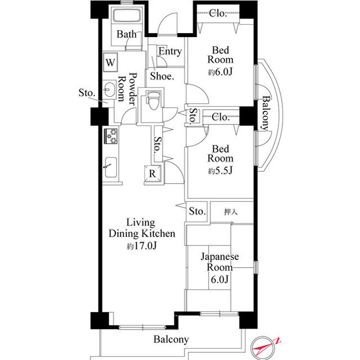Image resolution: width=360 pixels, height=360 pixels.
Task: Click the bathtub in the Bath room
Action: pos(127,15)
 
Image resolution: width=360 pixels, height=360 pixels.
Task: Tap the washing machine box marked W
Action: pos(110,62)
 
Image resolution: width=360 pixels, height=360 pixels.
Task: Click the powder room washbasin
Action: pos(109,89)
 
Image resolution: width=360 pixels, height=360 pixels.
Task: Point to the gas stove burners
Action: pos(111,136)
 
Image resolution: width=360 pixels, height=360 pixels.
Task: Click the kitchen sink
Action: pos(111,167)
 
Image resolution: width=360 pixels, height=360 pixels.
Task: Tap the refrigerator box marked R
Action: pos(152,174)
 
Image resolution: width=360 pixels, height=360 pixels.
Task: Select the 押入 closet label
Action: pos(231,211)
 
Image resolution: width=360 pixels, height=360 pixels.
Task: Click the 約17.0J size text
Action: pos(142,246)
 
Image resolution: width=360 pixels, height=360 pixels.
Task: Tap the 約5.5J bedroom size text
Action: pos(220,170)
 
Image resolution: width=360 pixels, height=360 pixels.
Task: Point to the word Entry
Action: pos(170,51)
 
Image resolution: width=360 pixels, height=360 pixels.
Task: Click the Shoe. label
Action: pos(162,76)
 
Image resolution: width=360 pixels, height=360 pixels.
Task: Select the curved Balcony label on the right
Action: pos(266,113)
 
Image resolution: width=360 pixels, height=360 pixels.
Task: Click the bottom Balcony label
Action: pos(171,339)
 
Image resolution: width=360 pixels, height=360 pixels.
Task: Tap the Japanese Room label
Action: pos(220,262)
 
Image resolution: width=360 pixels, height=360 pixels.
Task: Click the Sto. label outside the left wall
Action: pos(87,93)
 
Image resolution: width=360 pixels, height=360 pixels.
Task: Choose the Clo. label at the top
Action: pos(218,13)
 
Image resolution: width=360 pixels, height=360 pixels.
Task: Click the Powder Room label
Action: pos(128,89)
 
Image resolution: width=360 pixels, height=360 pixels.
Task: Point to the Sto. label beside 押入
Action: pos(197,211)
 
